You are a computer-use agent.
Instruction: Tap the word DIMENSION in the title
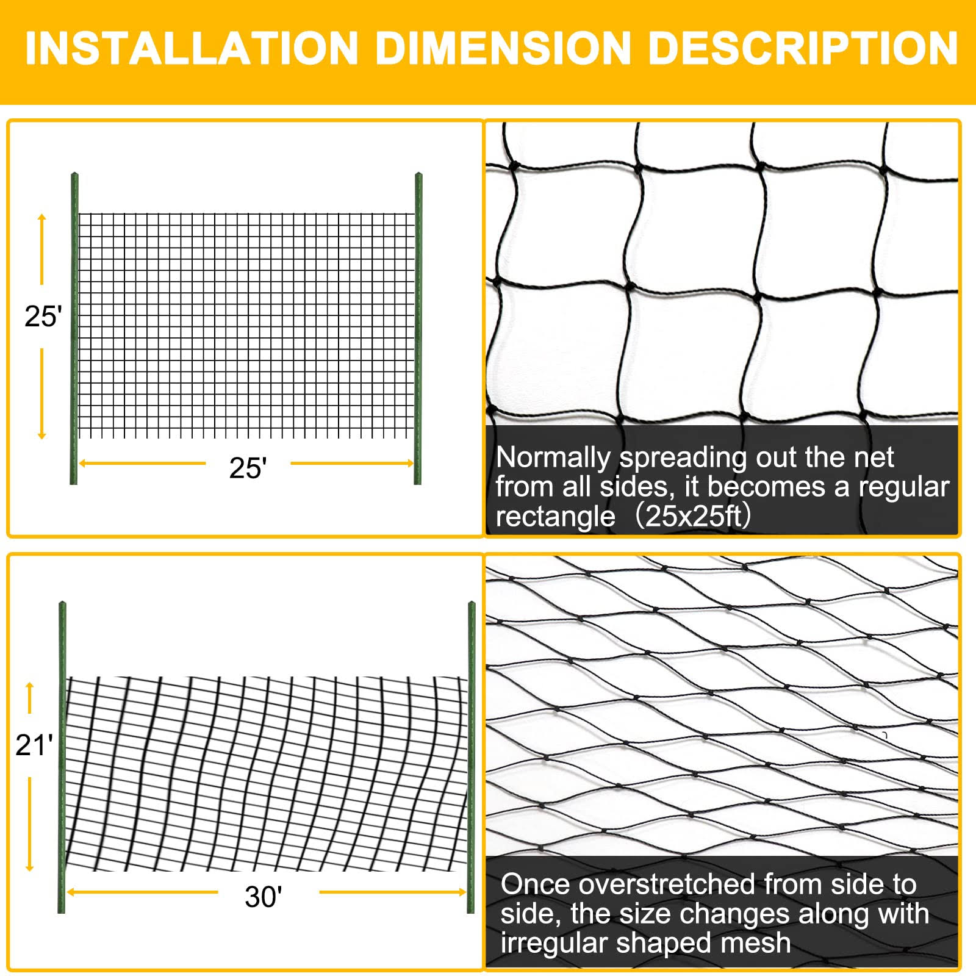coord(503,48)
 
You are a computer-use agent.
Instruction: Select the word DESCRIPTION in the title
coord(803,48)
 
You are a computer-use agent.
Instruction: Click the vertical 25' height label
coord(43,317)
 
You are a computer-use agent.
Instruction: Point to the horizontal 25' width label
coord(248,468)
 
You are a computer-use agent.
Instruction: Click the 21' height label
coord(34,745)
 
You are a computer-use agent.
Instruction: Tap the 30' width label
coord(264,897)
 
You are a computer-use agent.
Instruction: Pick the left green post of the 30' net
coord(62,757)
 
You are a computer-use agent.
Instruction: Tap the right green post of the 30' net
coord(471,757)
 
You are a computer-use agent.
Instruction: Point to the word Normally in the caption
coord(553,457)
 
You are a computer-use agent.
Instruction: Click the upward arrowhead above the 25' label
coord(42,218)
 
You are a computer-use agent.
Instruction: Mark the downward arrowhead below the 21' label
coord(29,867)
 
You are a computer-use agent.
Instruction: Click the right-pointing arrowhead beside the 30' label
coord(462,892)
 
